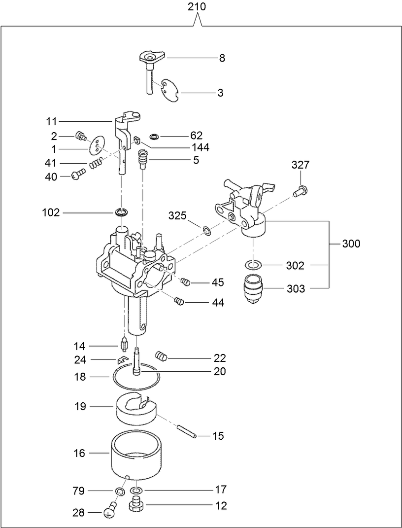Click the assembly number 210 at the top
coord(197,7)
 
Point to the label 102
coord(51,213)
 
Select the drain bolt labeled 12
coord(136,505)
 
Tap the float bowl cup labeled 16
coord(135,456)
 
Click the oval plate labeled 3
coord(170,91)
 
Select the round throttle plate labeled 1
coord(97,145)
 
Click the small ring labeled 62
coord(154,136)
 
